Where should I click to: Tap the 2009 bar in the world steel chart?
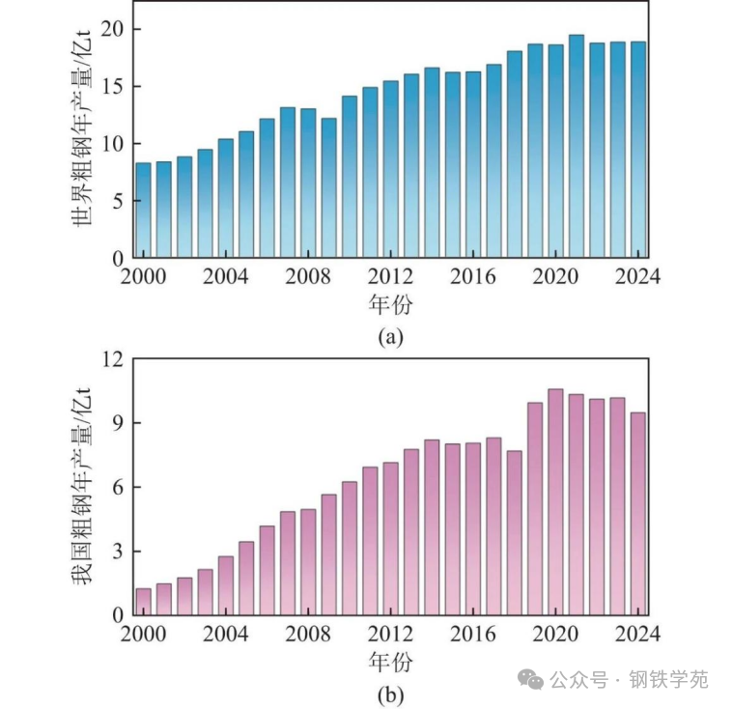[329, 188]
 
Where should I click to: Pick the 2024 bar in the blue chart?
[638, 151]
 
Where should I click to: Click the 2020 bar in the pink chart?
[555, 502]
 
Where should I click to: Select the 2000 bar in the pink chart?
[143, 602]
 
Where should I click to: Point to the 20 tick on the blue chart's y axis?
[113, 29]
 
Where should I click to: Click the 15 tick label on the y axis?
[113, 87]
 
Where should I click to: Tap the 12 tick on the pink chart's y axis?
[113, 359]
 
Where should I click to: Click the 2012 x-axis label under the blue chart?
[392, 277]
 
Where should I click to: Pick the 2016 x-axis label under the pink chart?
[473, 635]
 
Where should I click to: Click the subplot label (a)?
[390, 336]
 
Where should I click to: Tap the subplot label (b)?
[390, 694]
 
